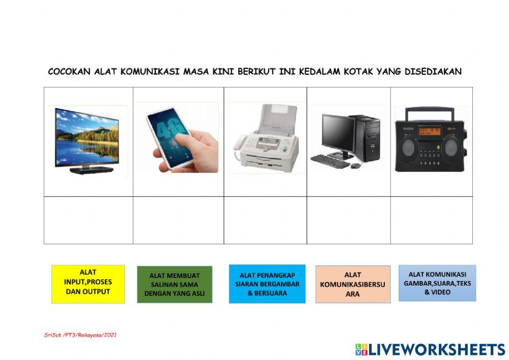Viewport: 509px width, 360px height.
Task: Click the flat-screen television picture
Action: (x=88, y=139)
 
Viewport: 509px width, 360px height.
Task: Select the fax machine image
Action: (x=265, y=137)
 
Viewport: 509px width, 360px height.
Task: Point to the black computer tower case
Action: (x=367, y=137)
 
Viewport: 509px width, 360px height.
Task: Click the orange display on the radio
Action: (x=429, y=131)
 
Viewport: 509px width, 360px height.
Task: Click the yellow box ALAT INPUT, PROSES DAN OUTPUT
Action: (x=88, y=284)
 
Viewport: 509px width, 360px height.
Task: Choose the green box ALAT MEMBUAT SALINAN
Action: (x=174, y=285)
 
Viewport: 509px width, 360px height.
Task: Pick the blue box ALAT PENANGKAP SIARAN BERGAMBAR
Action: (x=267, y=284)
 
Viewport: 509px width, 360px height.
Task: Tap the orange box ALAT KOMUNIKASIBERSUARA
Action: (x=353, y=284)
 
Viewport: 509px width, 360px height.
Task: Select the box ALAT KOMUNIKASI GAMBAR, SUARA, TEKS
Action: (x=437, y=283)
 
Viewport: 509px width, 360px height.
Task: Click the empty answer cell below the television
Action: (x=89, y=220)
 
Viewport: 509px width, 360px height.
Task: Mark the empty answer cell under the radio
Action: (x=432, y=220)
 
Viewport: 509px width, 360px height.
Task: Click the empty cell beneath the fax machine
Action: (x=265, y=220)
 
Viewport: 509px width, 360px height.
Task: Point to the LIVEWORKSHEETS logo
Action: (x=430, y=349)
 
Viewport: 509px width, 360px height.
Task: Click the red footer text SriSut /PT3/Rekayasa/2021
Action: (x=80, y=335)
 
